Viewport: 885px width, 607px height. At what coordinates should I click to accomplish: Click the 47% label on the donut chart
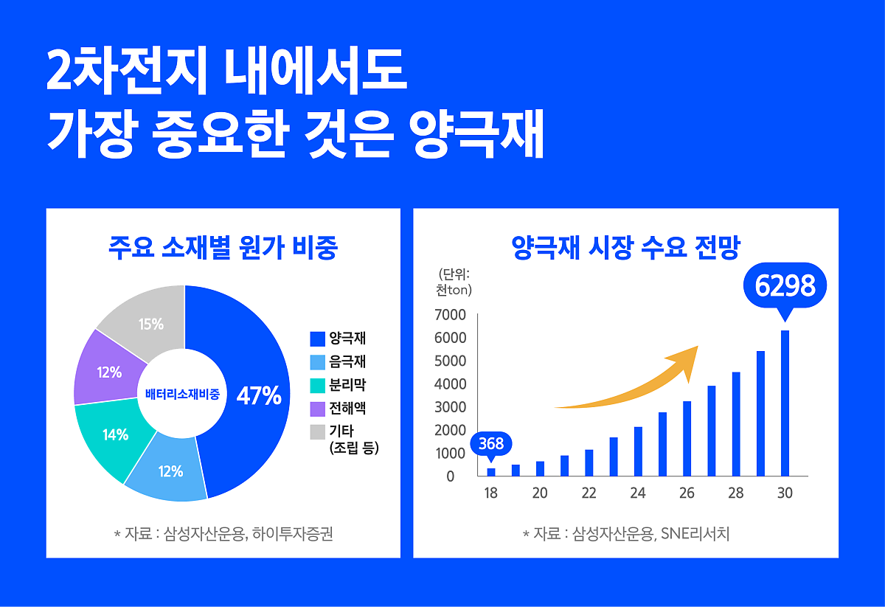pos(258,396)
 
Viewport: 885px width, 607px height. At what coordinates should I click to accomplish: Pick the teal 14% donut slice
pos(115,434)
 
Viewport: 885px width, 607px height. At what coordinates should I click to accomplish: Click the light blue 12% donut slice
pos(170,471)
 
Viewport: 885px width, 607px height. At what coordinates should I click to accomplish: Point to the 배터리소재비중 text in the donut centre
pos(182,394)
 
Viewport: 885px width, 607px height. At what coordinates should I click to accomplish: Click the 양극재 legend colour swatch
pos(318,339)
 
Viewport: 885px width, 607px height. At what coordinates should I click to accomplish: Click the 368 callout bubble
pos(491,444)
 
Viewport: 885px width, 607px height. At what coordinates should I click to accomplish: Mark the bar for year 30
pos(785,403)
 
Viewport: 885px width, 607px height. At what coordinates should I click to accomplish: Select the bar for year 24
pos(638,451)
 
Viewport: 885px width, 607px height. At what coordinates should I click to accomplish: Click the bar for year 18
pos(491,472)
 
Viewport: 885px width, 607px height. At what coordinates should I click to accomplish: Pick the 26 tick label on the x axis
pos(687,493)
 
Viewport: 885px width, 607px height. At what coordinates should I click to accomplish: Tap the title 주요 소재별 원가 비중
pos(223,248)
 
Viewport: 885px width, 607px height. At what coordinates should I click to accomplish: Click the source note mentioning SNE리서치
pos(625,533)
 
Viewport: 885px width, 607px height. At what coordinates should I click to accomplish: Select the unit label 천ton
pos(454,291)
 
